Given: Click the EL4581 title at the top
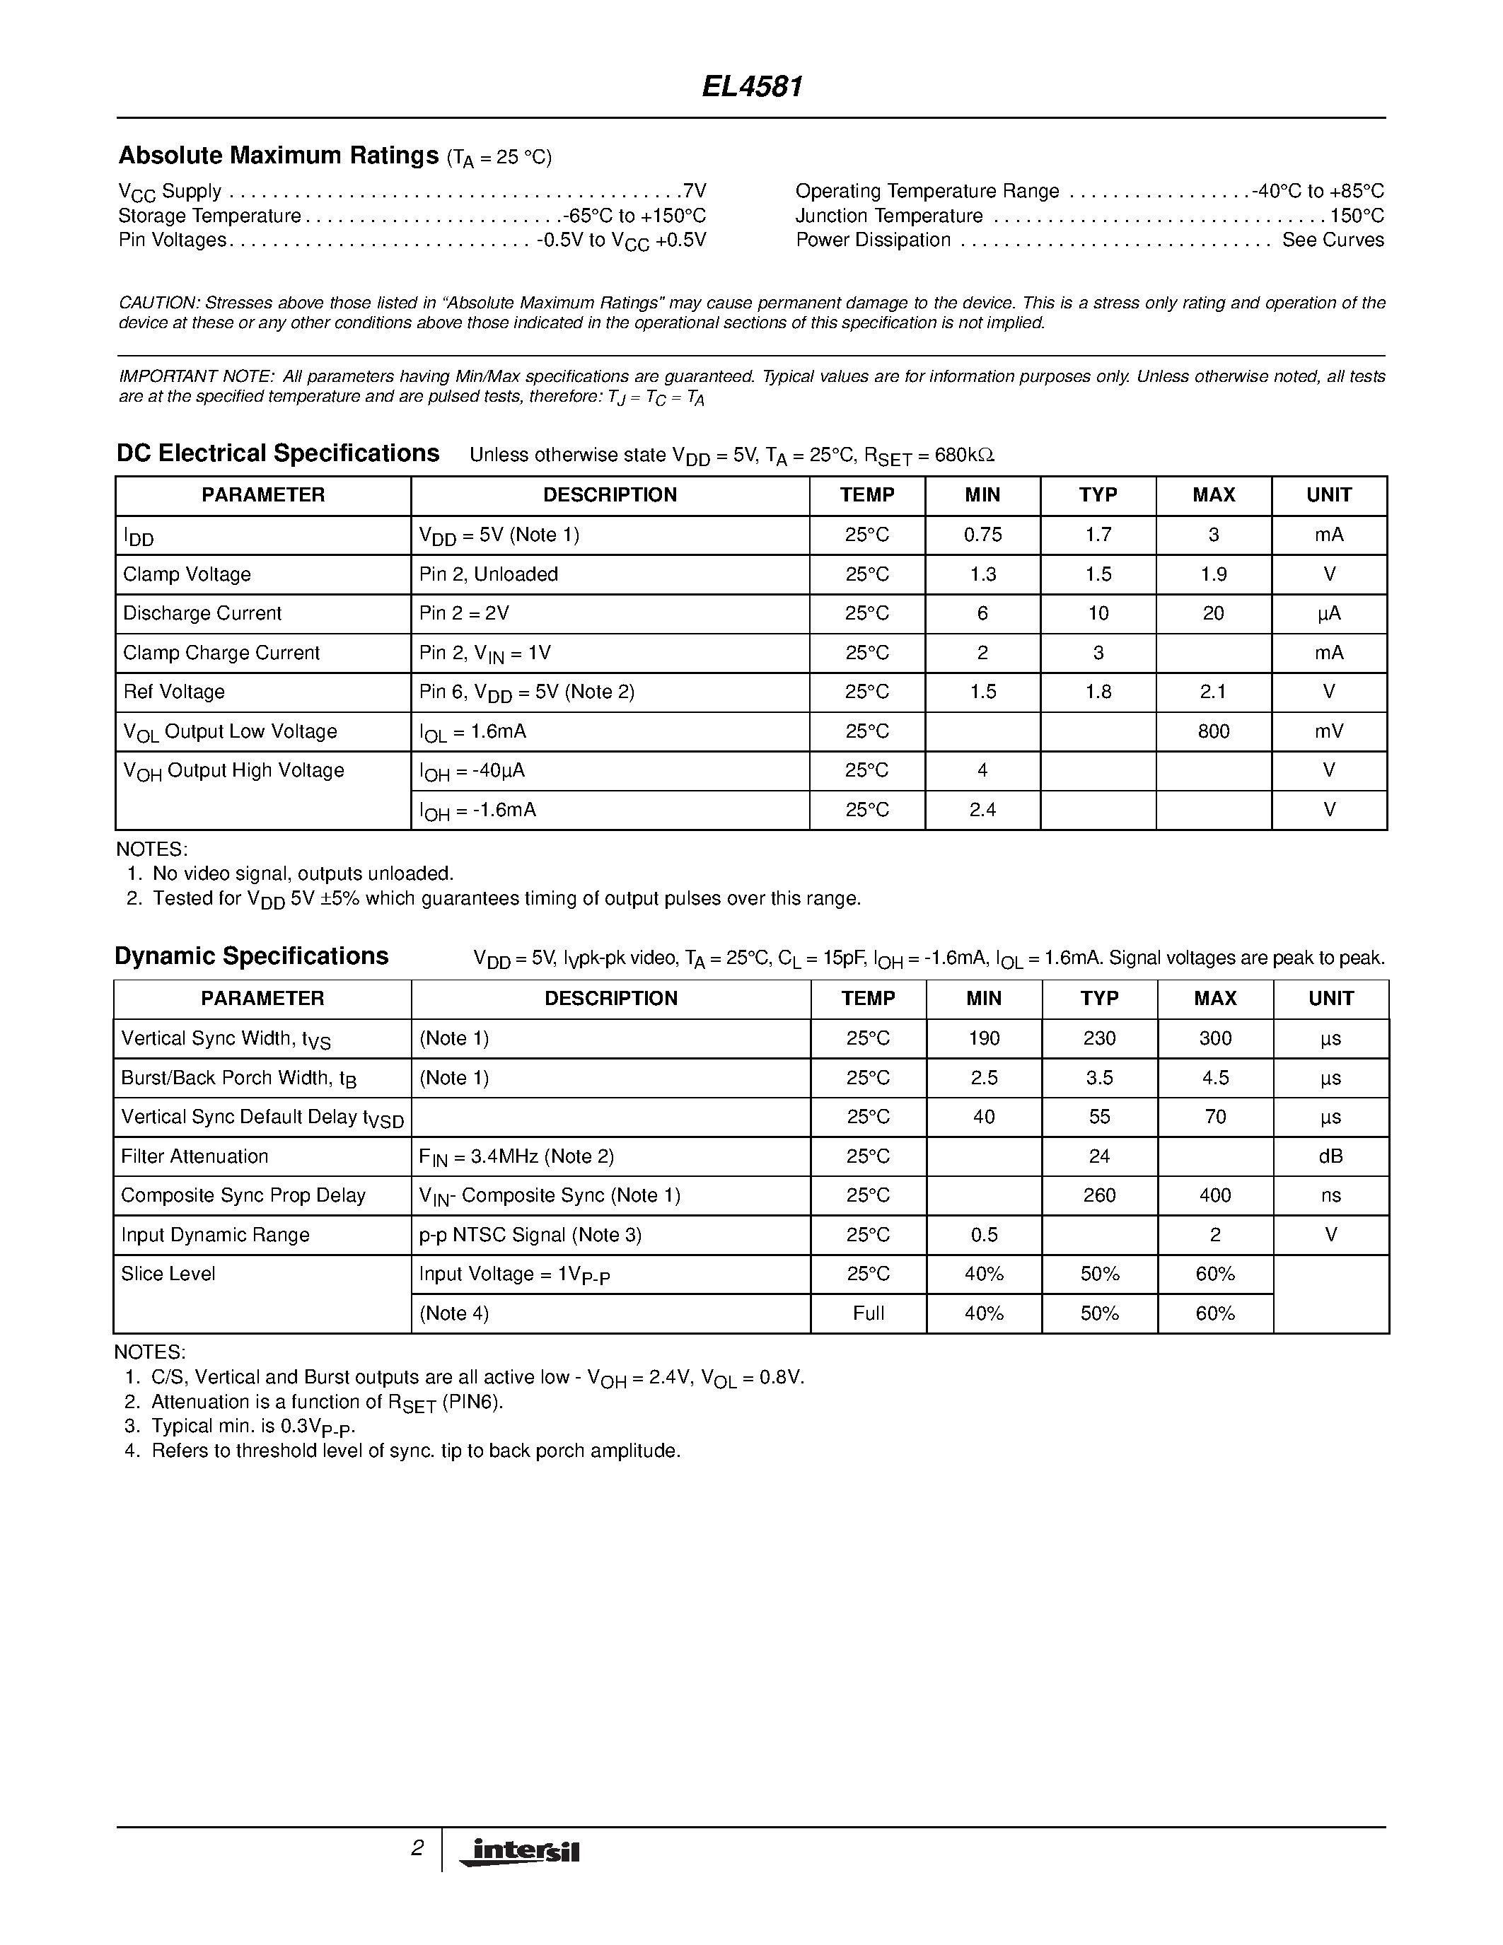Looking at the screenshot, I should coord(753,86).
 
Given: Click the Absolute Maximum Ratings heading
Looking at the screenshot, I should coord(279,156).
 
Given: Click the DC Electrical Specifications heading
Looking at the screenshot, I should coord(279,454).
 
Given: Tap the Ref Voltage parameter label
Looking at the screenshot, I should coord(175,692).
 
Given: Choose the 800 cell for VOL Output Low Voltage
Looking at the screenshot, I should coord(1213,731).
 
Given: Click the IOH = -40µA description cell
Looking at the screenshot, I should coord(472,771).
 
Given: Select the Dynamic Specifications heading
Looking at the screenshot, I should coord(252,956).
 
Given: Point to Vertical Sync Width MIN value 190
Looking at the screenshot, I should coord(983,1038).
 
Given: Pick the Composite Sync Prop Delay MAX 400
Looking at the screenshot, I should coord(1214,1196).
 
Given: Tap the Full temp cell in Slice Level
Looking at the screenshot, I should coord(868,1313).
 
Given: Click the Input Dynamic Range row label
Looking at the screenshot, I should coord(216,1235).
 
